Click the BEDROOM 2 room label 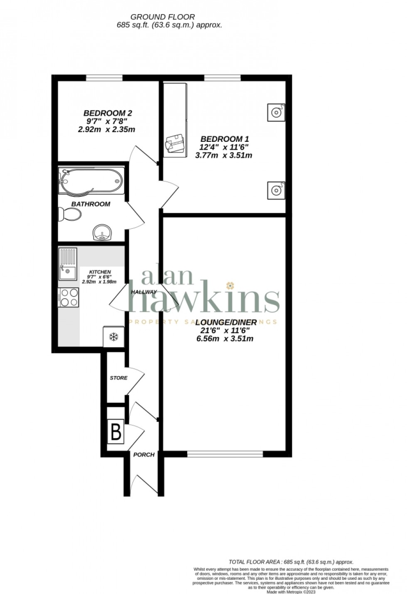pos(108,113)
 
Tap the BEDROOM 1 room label pos(225,139)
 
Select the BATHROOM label pos(91,204)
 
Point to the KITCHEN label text pos(100,272)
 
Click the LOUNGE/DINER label pos(226,322)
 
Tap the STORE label pos(118,378)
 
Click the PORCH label pos(144,455)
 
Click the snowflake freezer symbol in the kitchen pos(113,337)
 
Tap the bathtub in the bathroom pos(91,181)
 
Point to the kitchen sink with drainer pos(68,264)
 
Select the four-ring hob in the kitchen pos(69,297)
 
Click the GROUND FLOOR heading pos(162,17)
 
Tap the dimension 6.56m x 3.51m pos(225,339)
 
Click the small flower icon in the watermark pos(230,286)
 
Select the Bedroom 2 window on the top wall pos(104,78)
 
